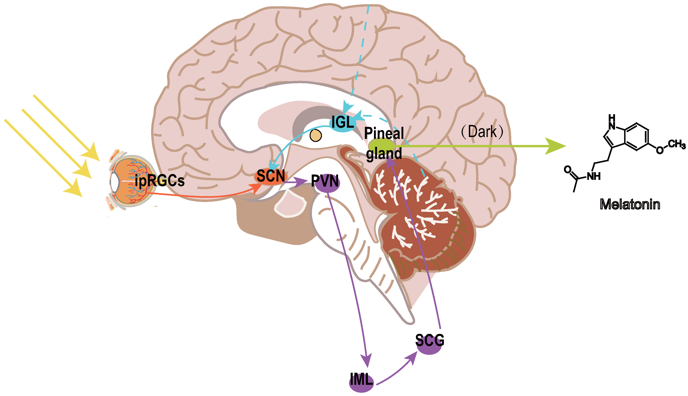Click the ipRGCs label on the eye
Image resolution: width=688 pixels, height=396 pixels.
pyautogui.click(x=159, y=181)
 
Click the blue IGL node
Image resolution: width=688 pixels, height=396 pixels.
pyautogui.click(x=342, y=123)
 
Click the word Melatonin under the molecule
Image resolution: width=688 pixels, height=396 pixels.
pyautogui.click(x=630, y=204)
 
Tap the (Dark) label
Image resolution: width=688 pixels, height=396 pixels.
pyautogui.click(x=482, y=132)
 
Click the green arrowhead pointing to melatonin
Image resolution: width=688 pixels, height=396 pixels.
pyautogui.click(x=555, y=146)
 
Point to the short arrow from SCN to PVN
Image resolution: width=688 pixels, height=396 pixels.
pyautogui.click(x=296, y=182)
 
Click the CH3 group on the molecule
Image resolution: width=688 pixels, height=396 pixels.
pyautogui.click(x=677, y=144)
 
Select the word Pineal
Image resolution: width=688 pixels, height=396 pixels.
pyautogui.click(x=384, y=133)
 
